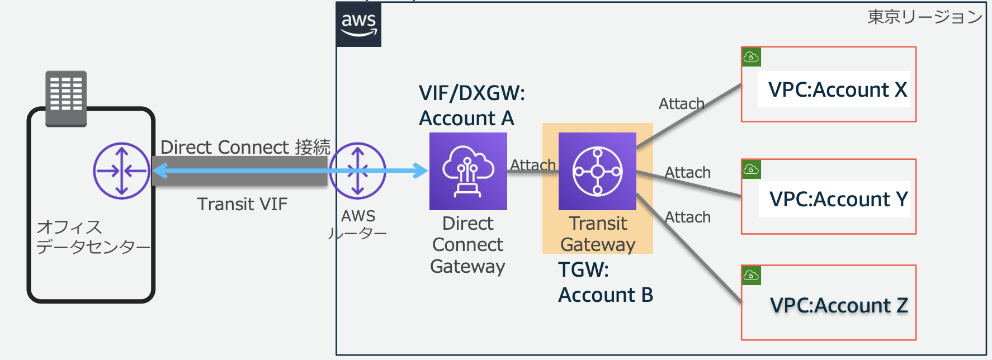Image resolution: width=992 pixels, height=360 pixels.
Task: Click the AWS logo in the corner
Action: click(x=358, y=25)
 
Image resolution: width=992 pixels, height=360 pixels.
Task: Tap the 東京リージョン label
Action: click(x=924, y=17)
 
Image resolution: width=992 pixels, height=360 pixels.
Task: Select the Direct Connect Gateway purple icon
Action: click(x=468, y=171)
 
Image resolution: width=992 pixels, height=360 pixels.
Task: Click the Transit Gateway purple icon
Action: click(x=597, y=171)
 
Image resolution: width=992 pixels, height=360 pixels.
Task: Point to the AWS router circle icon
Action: click(x=357, y=171)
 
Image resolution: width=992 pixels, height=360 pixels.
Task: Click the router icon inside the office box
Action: click(x=121, y=171)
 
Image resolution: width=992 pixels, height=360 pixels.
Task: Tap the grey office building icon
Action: click(x=66, y=98)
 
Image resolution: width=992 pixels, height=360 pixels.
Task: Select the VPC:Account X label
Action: click(x=837, y=89)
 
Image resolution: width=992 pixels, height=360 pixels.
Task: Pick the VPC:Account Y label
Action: click(x=838, y=199)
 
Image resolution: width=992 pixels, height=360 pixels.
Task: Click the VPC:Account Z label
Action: click(x=838, y=305)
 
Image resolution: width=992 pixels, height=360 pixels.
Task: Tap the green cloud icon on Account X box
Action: click(x=751, y=57)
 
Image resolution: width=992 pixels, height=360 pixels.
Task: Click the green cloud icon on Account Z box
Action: click(x=751, y=275)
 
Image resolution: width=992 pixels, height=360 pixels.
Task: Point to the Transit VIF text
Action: click(x=242, y=204)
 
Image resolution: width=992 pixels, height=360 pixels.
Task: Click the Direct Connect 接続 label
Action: click(x=245, y=147)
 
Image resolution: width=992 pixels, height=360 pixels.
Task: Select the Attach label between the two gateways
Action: click(x=532, y=165)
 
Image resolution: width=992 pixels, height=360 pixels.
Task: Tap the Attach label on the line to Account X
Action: click(x=681, y=104)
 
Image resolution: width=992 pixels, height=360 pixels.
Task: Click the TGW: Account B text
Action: click(x=605, y=282)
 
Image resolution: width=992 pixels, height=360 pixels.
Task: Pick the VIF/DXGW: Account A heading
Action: click(x=471, y=106)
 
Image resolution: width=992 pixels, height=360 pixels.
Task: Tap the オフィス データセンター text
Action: click(x=92, y=237)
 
